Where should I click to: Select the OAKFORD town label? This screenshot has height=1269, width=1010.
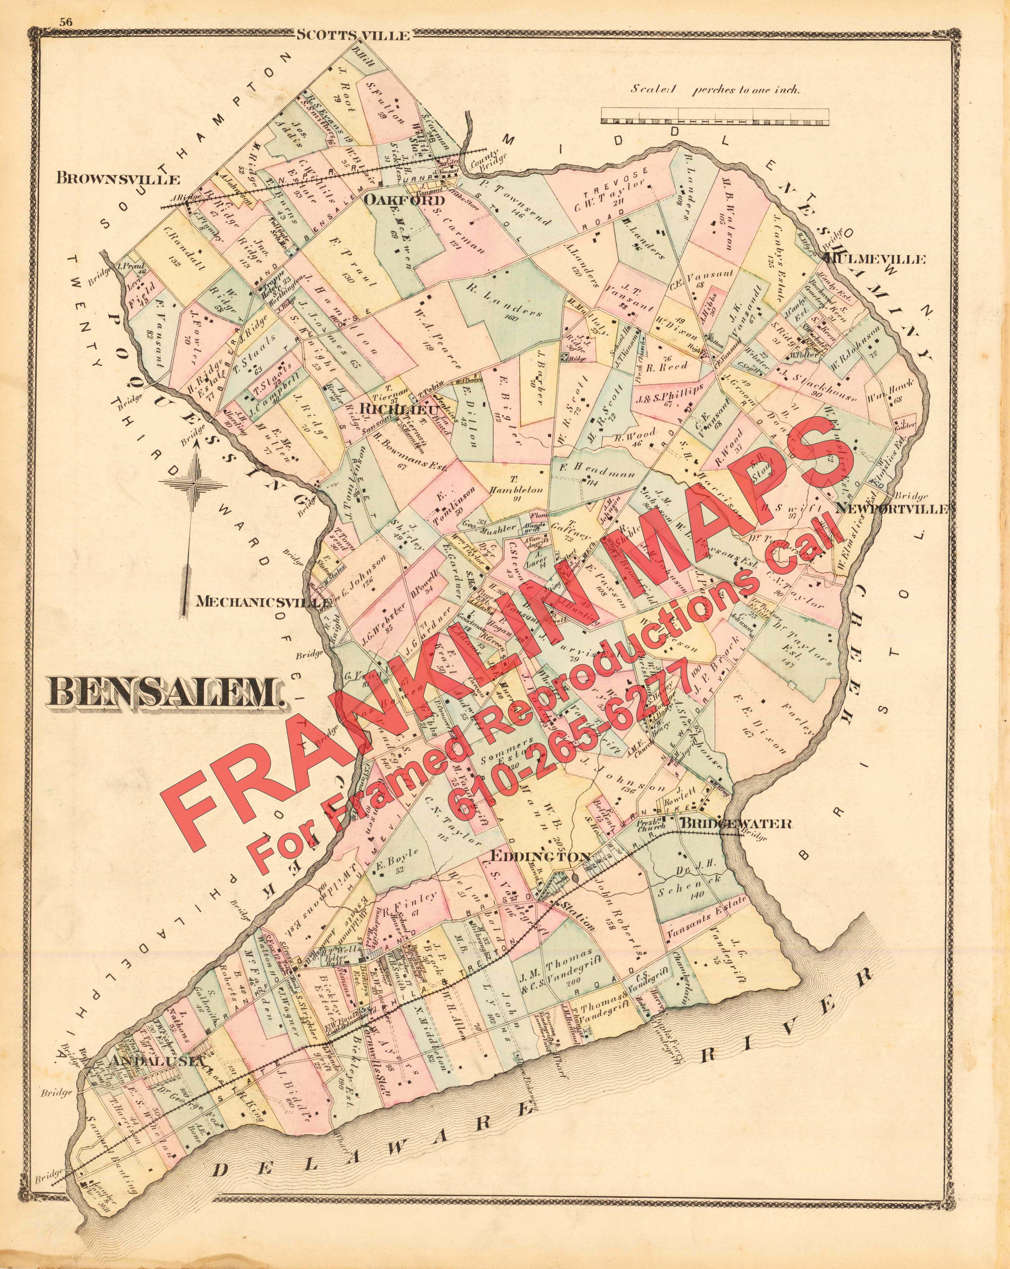[396, 200]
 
